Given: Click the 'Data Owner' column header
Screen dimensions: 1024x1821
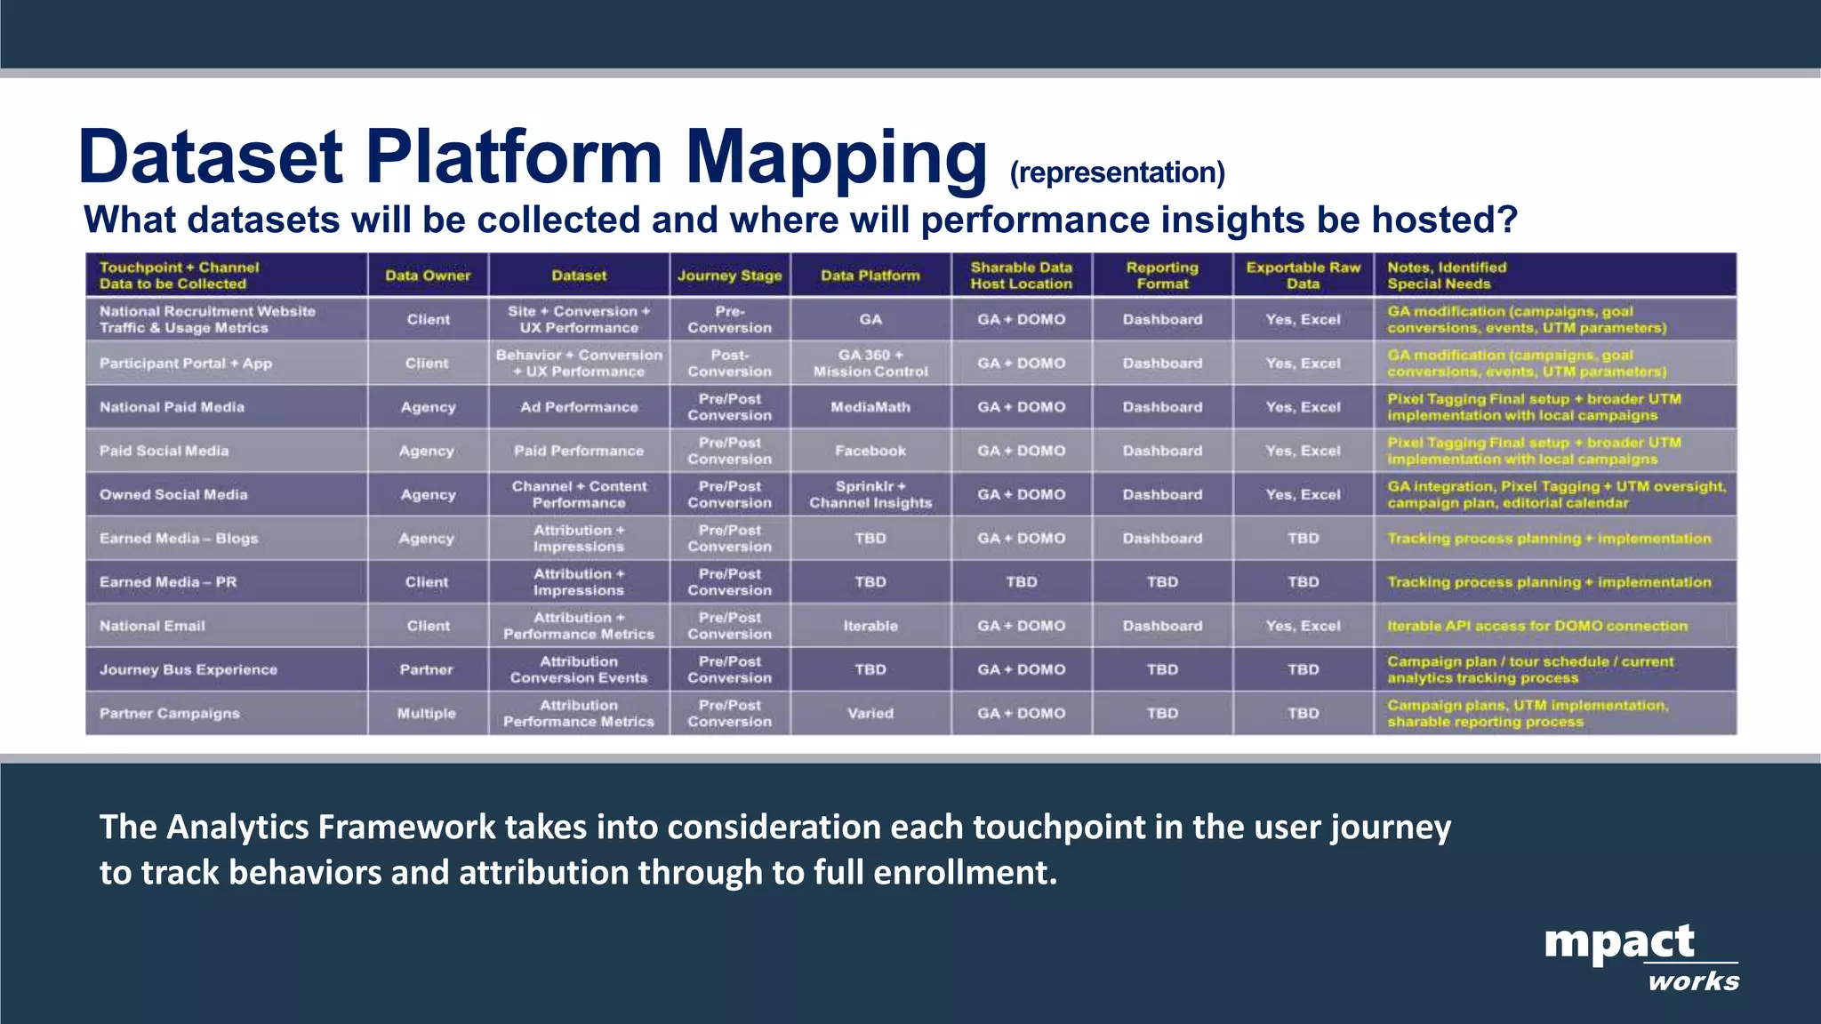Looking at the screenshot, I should pos(428,276).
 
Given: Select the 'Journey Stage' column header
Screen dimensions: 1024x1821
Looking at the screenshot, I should pos(729,276).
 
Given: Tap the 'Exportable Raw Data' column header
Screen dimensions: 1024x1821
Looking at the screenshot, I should pos(1303,276).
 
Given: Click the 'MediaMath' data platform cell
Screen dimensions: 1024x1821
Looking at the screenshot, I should pos(870,407).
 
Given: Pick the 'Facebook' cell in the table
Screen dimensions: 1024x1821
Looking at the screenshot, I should pos(870,451).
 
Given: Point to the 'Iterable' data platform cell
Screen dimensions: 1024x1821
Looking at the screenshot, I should pos(870,626).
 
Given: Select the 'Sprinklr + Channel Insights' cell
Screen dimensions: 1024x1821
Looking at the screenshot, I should pos(870,494).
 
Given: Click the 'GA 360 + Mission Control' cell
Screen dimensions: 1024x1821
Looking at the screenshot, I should pos(870,364).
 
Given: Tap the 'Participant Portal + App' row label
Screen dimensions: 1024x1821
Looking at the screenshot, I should pos(186,364).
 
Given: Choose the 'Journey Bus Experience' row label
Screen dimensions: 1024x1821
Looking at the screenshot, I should pos(189,669).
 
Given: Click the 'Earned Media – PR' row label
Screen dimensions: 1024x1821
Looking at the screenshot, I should pos(168,582).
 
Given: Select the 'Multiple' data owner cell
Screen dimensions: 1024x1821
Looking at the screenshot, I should pos(427,713).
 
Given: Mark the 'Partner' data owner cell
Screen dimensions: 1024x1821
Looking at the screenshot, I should pos(427,669).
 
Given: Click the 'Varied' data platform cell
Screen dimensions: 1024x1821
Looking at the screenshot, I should pos(870,713).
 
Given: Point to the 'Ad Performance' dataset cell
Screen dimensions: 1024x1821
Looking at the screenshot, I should pos(579,407).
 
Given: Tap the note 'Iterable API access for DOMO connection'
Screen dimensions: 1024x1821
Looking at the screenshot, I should pos(1536,626).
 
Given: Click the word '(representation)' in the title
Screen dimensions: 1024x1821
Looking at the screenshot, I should pos(1117,172).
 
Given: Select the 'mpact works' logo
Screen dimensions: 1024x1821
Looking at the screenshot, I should pos(1641,956).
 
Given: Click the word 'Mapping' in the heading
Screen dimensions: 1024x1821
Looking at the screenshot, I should pos(836,158).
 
